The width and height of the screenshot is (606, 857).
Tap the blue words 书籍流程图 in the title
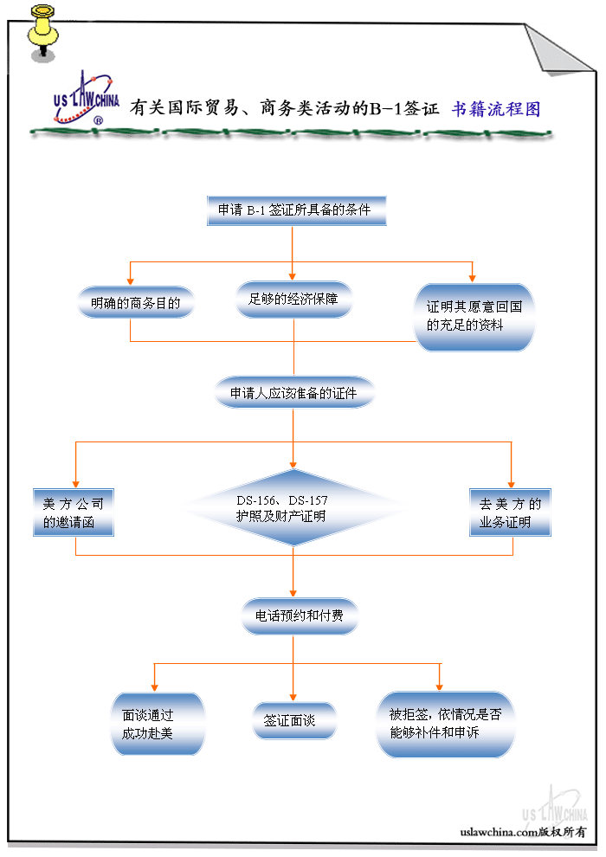point(496,109)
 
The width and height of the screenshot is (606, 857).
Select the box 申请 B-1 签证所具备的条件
point(294,210)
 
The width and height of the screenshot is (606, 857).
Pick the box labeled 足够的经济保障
point(293,300)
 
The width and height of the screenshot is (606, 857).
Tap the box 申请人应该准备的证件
point(294,393)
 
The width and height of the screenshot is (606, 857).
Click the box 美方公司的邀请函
point(73,512)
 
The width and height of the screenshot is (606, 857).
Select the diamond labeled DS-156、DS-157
point(293,508)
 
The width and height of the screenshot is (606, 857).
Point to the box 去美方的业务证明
point(510,512)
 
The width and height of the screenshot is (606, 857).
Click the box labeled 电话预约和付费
point(298,616)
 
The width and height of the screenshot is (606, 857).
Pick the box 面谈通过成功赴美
point(158,725)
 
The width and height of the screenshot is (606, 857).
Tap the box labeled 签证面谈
point(294,720)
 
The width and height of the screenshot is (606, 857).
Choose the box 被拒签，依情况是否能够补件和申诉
point(445,724)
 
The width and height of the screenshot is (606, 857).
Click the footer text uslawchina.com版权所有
point(523,831)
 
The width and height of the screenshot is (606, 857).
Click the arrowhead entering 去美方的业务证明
point(511,483)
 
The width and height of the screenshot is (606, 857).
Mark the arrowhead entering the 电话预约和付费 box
point(293,593)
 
